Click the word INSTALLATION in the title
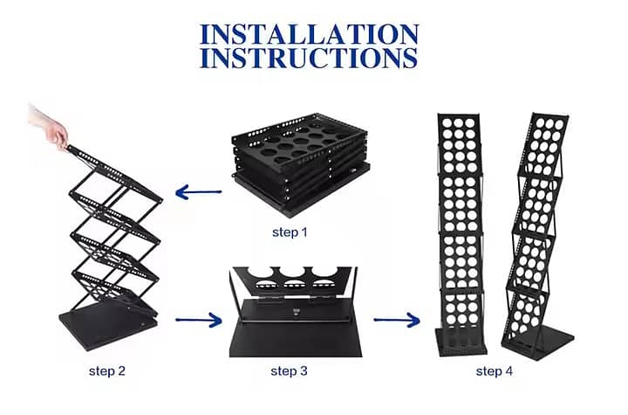click(x=309, y=34)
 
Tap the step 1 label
click(x=290, y=232)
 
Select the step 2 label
click(x=107, y=370)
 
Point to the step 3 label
click(x=289, y=370)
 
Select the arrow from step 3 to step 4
click(x=397, y=321)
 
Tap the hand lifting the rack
click(x=51, y=127)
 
